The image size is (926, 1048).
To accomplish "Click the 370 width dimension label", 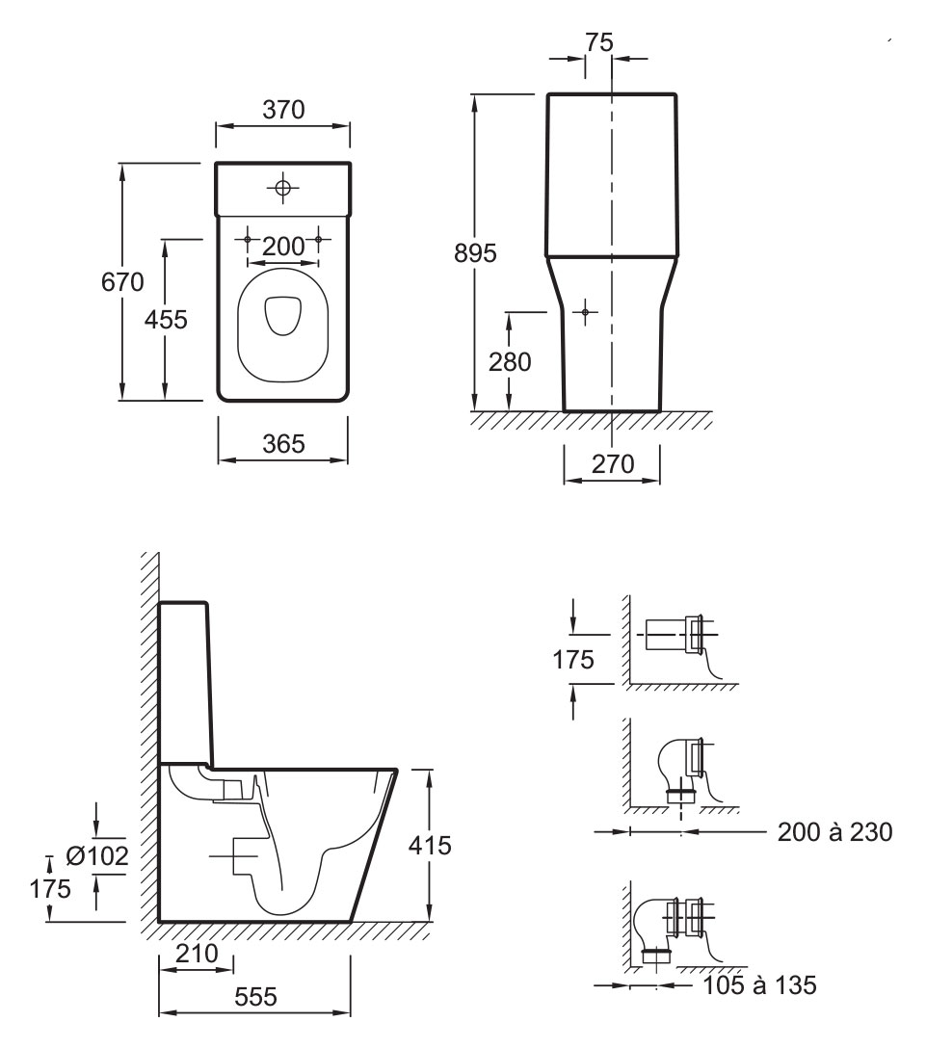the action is click(283, 110).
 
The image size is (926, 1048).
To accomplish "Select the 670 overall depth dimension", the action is click(122, 282).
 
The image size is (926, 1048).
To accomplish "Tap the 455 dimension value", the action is click(166, 320).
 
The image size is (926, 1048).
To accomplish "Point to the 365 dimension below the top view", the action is click(283, 444).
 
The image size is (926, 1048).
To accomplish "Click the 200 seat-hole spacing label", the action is click(283, 247).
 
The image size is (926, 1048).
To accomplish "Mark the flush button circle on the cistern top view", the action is click(282, 187).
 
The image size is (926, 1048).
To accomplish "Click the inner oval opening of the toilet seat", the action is click(283, 315).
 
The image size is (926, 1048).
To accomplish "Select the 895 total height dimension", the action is click(475, 253).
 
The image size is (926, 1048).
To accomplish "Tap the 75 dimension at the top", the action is click(599, 42).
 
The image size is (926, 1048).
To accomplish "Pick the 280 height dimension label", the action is click(510, 362).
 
